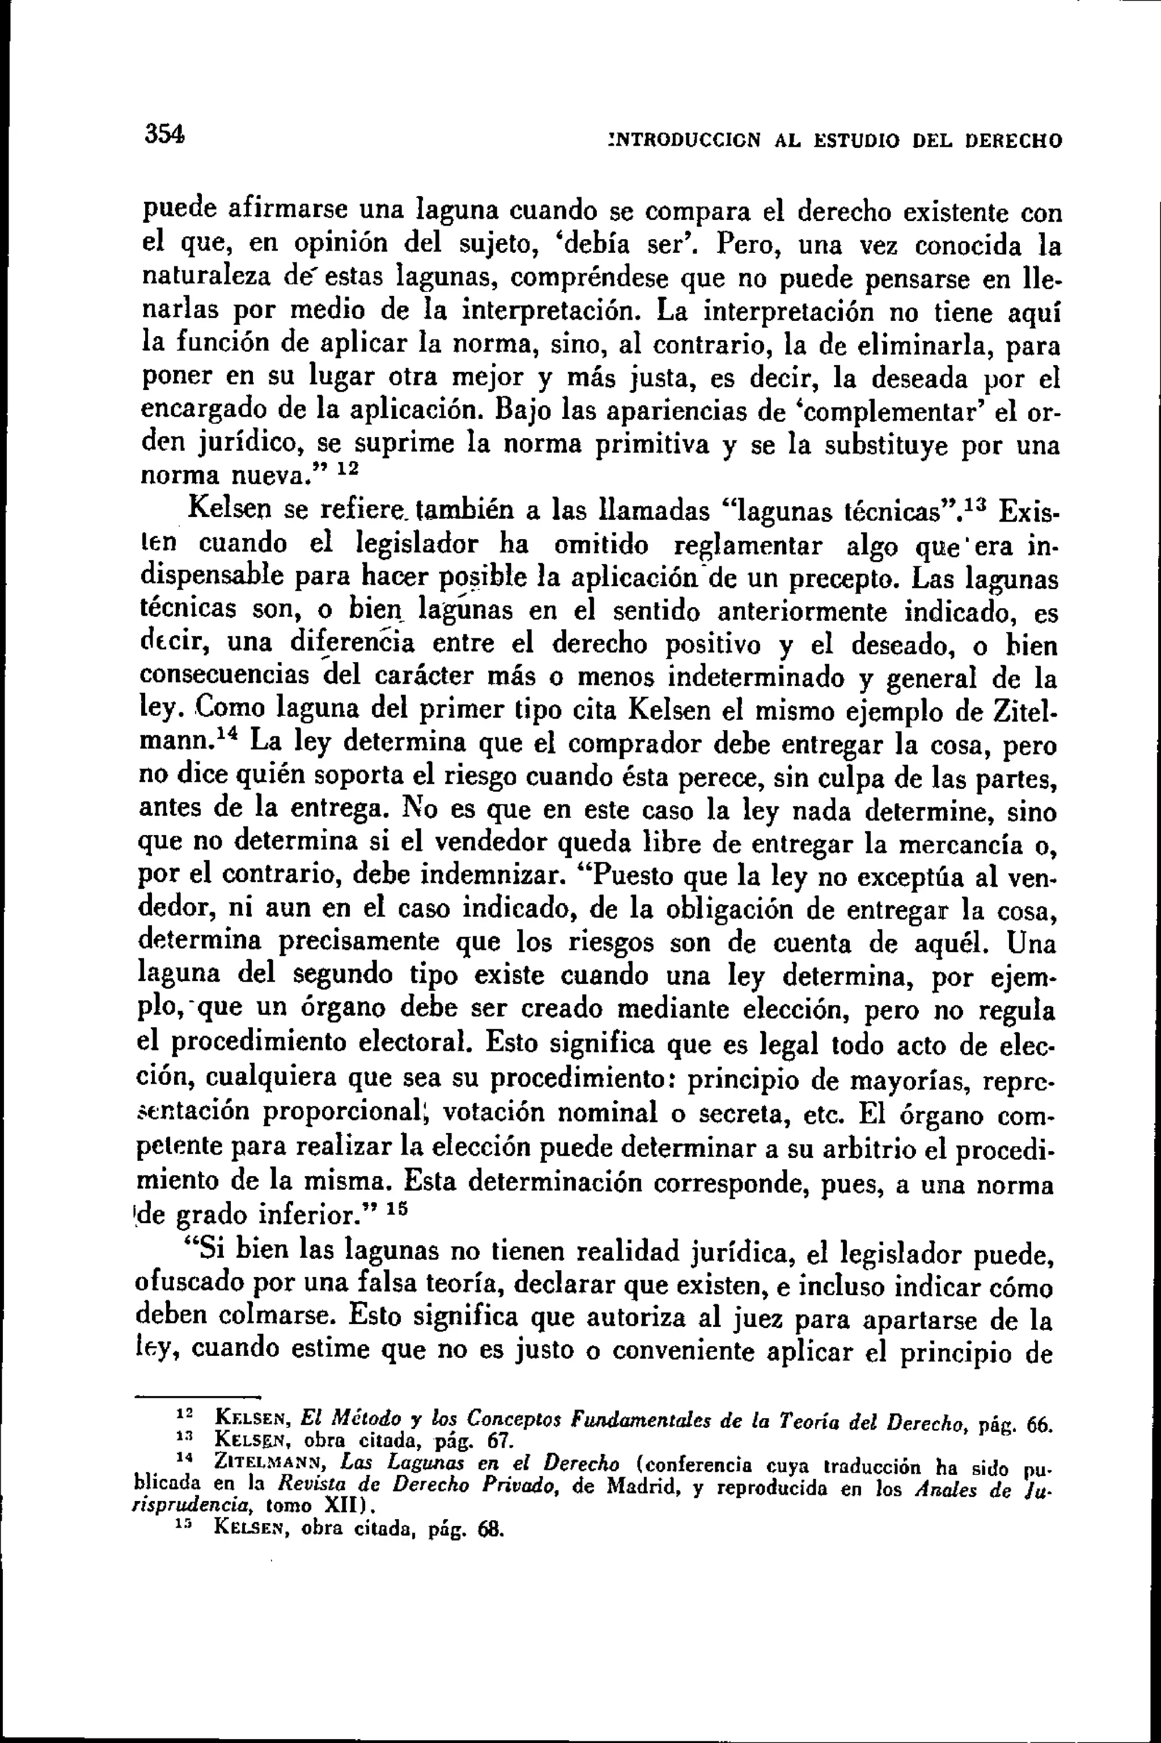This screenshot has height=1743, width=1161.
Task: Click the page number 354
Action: (164, 135)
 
